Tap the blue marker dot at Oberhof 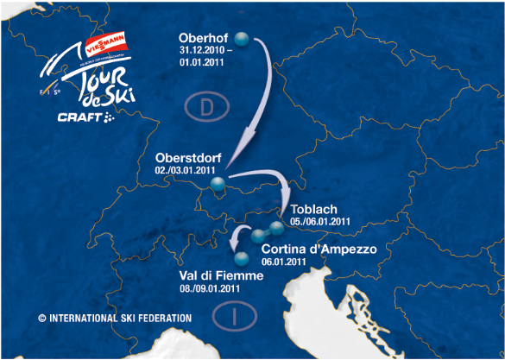pos(243,39)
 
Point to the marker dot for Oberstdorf pos(218,182)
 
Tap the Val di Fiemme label pos(219,275)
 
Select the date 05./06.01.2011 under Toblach pos(320,221)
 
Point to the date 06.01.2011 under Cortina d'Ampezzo pos(284,261)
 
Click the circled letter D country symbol pos(199,107)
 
